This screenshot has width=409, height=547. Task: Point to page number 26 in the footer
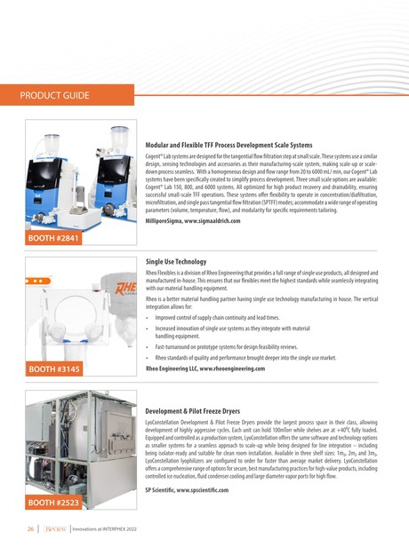pyautogui.click(x=30, y=529)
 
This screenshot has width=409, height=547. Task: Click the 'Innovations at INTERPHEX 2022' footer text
pyautogui.click(x=105, y=529)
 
